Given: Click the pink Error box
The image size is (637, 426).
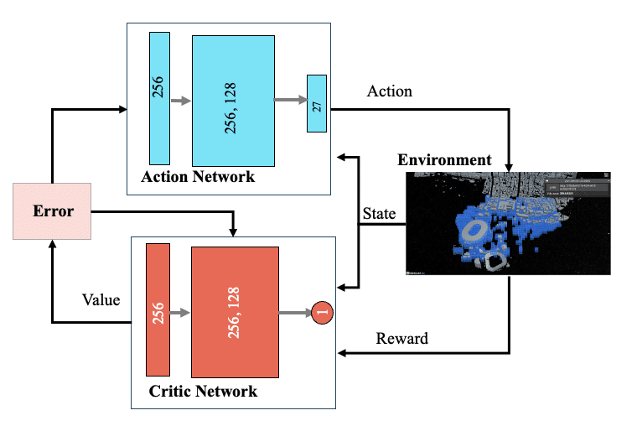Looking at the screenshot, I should pos(52,210).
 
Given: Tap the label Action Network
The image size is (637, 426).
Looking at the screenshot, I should pos(198,178).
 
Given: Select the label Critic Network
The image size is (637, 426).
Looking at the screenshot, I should pos(203,392).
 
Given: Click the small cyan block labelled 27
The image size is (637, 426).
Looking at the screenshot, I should pos(316,103).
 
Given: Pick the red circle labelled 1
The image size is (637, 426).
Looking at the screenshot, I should pos(323,313).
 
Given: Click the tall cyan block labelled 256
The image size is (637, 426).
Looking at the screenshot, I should pos(159,98).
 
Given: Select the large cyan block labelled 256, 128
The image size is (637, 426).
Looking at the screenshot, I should pos(233,101).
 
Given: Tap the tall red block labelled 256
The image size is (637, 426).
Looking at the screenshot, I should pos(158,309).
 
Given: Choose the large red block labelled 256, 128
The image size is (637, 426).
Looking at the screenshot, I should pos(234,312).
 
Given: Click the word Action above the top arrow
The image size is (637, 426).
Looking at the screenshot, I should pos(390,91).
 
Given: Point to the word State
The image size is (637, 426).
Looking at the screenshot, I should pos(379,214).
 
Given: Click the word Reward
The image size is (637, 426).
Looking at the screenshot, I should pos(401,339).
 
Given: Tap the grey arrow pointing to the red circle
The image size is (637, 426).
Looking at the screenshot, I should pos(295,314).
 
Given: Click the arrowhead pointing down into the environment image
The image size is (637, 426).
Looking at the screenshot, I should pos(510,166).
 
